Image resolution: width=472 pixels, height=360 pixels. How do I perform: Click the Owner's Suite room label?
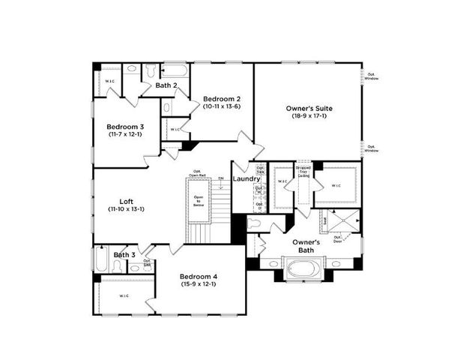pyautogui.click(x=309, y=109)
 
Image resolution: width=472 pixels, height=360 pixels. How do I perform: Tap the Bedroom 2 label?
pyautogui.click(x=223, y=99)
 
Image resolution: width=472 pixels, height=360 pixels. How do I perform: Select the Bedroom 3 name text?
pyautogui.click(x=125, y=127)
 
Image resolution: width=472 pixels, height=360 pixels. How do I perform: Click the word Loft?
pyautogui.click(x=126, y=201)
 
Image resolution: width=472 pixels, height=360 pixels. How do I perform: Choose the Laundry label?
pyautogui.click(x=246, y=178)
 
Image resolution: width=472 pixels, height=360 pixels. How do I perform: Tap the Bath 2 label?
pyautogui.click(x=166, y=85)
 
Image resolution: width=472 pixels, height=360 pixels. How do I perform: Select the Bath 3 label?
pyautogui.click(x=124, y=255)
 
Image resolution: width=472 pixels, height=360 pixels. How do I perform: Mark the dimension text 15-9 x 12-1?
pyautogui.click(x=199, y=283)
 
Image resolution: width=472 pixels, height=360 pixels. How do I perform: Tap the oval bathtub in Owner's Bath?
pyautogui.click(x=305, y=267)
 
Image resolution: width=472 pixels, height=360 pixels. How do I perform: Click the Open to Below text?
pyautogui.click(x=199, y=200)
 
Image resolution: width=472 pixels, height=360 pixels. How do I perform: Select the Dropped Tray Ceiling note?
pyautogui.click(x=303, y=172)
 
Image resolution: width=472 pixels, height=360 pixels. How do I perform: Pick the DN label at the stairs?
pyautogui.click(x=221, y=178)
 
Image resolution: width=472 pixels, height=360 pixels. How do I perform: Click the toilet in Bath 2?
pyautogui.click(x=151, y=70)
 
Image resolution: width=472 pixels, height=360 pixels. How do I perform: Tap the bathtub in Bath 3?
pyautogui.click(x=101, y=261)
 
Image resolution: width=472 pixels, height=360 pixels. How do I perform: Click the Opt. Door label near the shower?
pyautogui.click(x=338, y=239)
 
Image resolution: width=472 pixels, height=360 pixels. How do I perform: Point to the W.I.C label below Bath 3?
pyautogui.click(x=124, y=295)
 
